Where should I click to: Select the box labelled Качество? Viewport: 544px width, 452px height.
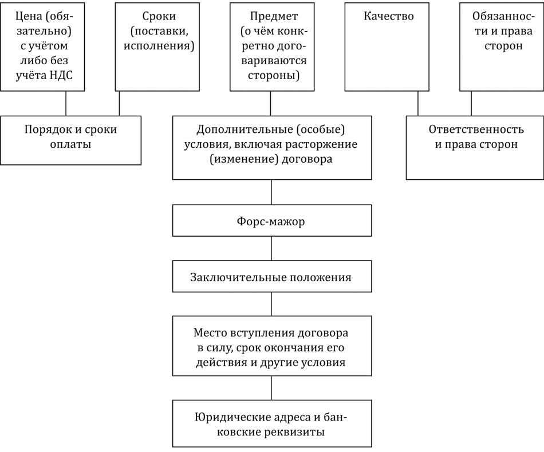coord(387,47)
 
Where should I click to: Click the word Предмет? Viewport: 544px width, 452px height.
coord(274,16)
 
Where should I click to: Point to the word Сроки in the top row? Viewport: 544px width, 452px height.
coord(159,16)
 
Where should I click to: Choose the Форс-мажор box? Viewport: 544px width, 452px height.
coord(272,221)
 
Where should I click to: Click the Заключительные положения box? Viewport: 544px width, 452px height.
coord(272,277)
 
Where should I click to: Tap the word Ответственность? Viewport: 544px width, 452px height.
coord(476,129)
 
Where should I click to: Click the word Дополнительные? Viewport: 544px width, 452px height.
coord(245,130)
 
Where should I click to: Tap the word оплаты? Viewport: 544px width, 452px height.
coord(70,144)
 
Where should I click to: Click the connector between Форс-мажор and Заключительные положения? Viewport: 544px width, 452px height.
coord(271,249)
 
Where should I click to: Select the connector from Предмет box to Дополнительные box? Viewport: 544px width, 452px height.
coord(271,104)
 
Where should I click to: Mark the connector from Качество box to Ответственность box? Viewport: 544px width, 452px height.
coord(417,104)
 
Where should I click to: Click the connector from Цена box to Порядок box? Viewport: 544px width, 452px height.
coord(66,104)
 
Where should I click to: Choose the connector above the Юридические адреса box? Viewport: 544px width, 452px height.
coord(271,388)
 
